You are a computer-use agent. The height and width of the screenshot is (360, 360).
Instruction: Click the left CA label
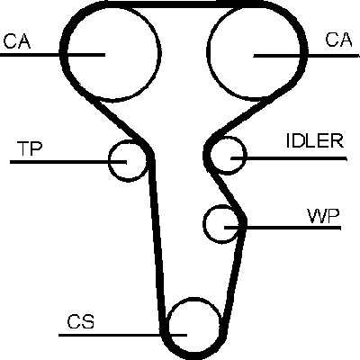17,41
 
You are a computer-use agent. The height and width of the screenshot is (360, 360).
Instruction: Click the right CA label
339,40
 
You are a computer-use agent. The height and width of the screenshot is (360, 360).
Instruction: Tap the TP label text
30,148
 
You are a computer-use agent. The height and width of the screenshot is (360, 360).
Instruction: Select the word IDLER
315,140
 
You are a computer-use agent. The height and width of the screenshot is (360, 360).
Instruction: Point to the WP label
323,216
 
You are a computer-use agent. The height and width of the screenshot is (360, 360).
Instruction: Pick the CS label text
80,321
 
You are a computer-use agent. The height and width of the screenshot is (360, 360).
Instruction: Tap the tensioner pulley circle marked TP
109,161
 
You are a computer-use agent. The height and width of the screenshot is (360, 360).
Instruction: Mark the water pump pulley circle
203,224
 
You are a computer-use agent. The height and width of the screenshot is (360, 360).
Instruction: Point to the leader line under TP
68,162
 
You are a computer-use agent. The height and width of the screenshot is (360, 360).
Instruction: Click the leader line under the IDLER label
289,158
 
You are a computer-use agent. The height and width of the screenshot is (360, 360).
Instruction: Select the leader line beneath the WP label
283,228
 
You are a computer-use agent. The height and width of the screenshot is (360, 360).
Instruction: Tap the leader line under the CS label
123,335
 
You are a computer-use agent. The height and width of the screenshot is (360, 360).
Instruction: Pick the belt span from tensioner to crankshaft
157,240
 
